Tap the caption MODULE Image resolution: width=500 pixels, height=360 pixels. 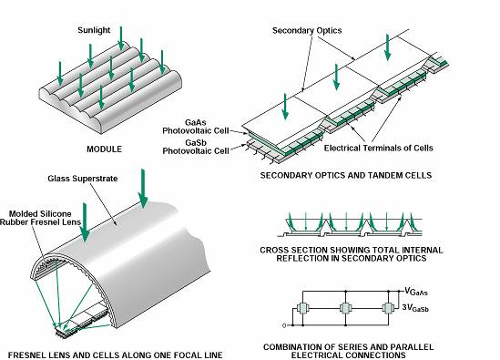97,148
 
